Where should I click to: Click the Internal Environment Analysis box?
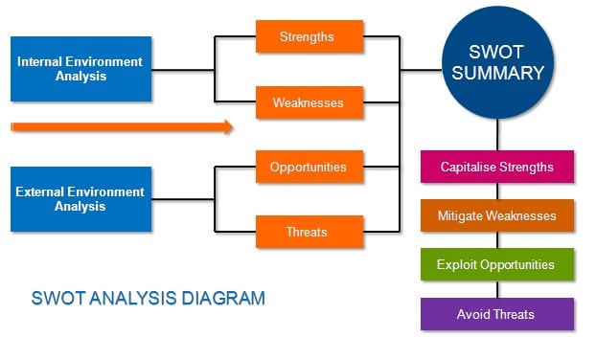click(80, 69)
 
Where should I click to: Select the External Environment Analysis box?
click(80, 199)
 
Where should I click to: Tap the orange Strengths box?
click(309, 37)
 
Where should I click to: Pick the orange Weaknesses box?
click(309, 102)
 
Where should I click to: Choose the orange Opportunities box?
click(309, 167)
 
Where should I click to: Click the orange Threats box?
click(309, 232)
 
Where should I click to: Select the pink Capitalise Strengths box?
click(496, 167)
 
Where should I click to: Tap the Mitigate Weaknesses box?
click(496, 215)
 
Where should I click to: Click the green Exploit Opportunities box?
click(496, 264)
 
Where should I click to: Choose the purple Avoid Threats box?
click(496, 314)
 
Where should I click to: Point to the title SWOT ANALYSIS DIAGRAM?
click(149, 298)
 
